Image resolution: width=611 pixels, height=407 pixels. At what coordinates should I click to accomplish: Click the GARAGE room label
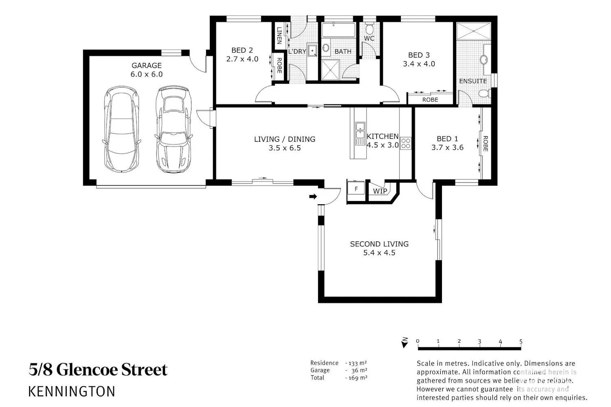click(147, 66)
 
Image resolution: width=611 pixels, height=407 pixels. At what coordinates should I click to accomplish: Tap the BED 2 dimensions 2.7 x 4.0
click(242, 59)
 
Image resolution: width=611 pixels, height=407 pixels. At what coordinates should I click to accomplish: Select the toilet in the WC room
click(369, 29)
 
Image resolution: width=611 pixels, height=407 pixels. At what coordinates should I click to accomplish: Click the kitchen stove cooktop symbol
click(406, 143)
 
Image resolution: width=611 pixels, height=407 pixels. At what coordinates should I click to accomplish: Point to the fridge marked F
click(356, 188)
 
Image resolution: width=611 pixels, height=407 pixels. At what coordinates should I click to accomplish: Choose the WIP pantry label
click(380, 191)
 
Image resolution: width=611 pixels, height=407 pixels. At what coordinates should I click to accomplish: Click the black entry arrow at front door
click(313, 196)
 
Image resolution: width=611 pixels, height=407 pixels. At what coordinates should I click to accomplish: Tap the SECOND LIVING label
click(379, 244)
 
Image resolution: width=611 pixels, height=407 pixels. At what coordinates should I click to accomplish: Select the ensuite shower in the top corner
click(473, 31)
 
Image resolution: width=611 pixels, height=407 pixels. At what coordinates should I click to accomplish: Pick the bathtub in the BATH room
click(338, 30)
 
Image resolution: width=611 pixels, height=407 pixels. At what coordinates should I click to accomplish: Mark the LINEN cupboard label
click(279, 35)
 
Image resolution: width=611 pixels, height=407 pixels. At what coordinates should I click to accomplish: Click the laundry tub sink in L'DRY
click(312, 51)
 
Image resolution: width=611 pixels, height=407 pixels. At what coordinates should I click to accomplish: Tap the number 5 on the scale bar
click(521, 341)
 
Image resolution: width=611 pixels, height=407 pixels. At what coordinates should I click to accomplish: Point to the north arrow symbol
click(405, 343)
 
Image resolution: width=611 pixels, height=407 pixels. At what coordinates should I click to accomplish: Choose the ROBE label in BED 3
click(430, 100)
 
